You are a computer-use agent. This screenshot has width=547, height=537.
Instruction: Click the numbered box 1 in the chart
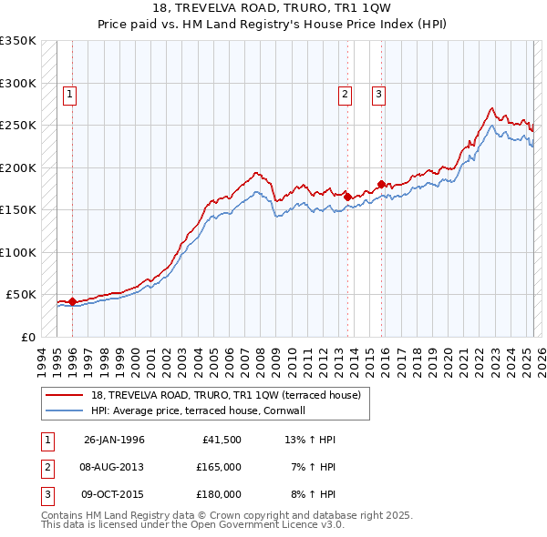click(70, 93)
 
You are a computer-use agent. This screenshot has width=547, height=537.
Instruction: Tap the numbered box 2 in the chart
click(346, 93)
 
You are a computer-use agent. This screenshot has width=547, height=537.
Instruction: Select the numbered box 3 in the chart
click(377, 93)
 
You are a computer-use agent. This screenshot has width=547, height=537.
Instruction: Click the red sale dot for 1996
click(72, 301)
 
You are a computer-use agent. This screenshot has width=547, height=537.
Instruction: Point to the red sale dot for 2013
click(347, 196)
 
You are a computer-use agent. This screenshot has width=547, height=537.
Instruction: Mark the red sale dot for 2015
click(381, 183)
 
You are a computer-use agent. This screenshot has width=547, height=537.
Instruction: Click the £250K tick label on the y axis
click(18, 125)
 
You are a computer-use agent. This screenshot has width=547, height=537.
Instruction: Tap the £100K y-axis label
click(18, 252)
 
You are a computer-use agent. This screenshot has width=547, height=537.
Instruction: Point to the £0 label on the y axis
click(28, 337)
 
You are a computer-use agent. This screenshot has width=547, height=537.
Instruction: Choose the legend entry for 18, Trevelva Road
click(226, 395)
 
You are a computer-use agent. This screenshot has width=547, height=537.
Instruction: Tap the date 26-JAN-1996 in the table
click(114, 440)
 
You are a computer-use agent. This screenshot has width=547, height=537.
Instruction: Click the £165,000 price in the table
click(219, 467)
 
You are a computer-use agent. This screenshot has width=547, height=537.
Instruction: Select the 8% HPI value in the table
click(313, 494)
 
